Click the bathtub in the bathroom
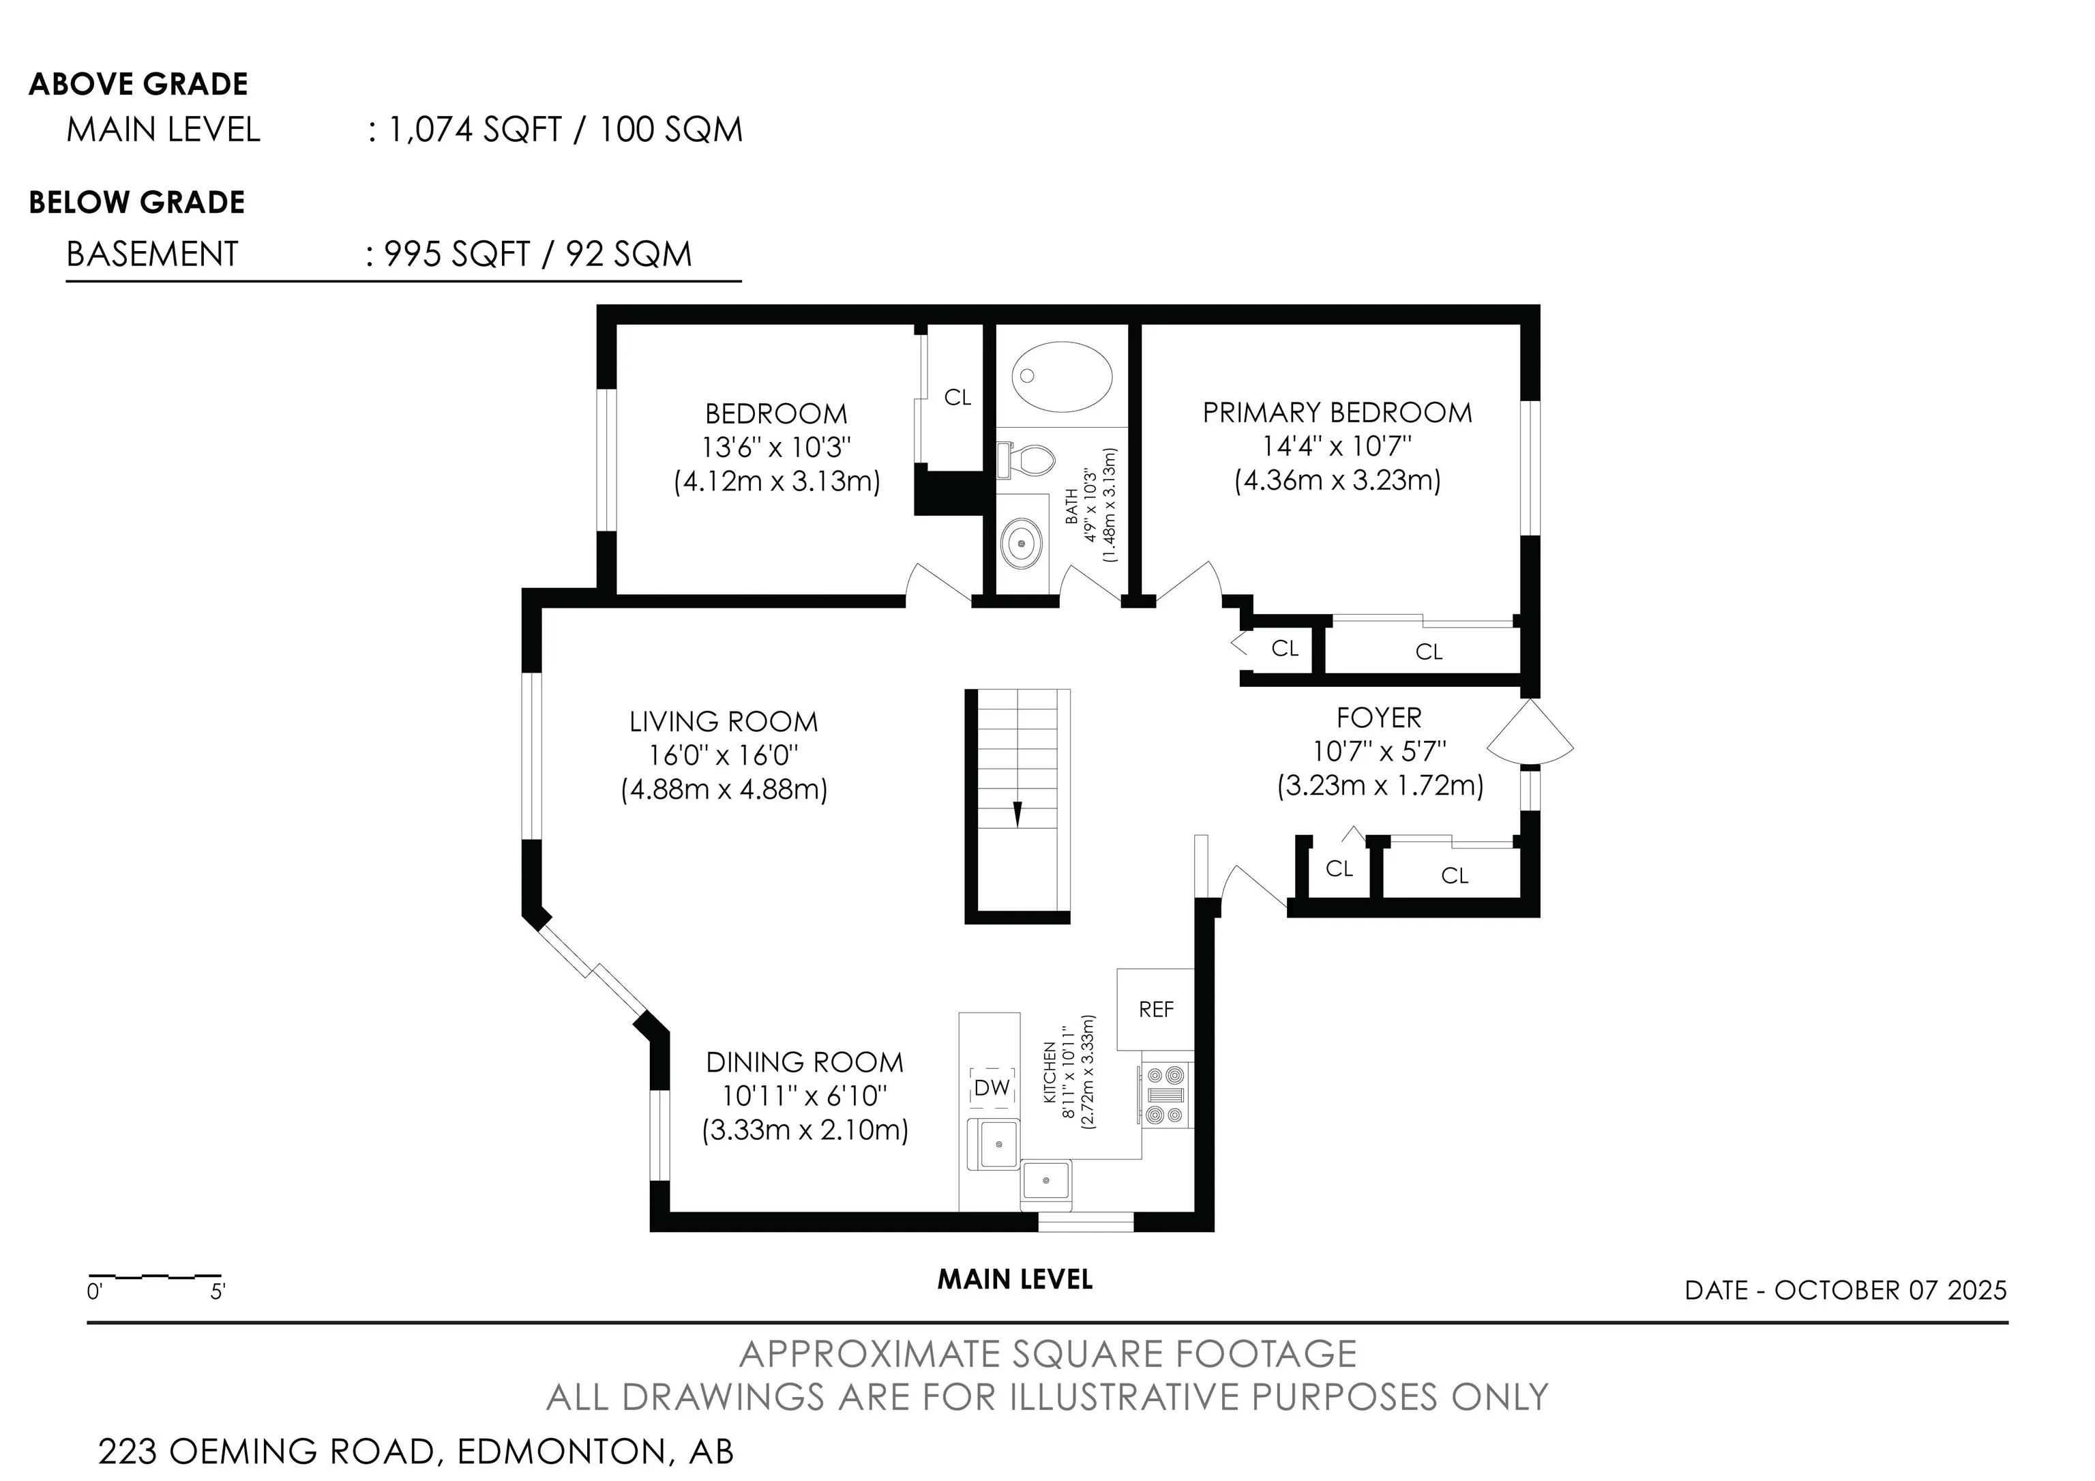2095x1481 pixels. [x=1062, y=378]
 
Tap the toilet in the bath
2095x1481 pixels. [x=1026, y=460]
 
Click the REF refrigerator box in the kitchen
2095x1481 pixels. [x=1155, y=1009]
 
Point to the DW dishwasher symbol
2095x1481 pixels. [x=992, y=1087]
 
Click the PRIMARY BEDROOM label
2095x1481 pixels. [x=1337, y=413]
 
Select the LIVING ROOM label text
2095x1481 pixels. [x=724, y=722]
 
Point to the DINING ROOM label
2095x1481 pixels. [x=804, y=1062]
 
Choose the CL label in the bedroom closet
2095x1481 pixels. [x=957, y=397]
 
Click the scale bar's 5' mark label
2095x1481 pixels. [x=217, y=1291]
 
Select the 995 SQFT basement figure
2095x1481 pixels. [x=457, y=254]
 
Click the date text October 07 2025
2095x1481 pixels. [x=1890, y=1289]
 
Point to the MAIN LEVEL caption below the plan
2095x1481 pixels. [x=1015, y=1279]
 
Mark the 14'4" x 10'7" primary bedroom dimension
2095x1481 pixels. [x=1337, y=446]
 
